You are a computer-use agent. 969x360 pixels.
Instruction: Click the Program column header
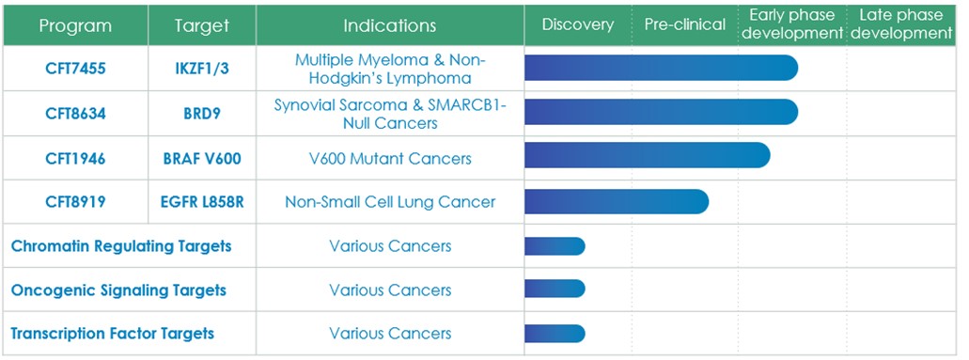coord(75,25)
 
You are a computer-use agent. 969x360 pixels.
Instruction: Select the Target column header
coord(201,25)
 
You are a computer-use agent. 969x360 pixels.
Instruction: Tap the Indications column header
coord(390,25)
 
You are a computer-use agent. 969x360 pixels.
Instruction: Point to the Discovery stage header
coord(578,24)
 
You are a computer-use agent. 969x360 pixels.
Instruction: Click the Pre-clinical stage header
coord(685,24)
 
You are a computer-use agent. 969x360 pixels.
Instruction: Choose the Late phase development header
coord(901,24)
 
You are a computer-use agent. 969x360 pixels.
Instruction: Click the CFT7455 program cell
coord(75,69)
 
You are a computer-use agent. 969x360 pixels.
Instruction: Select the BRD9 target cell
coord(202,114)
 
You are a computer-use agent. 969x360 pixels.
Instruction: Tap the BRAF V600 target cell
coord(202,159)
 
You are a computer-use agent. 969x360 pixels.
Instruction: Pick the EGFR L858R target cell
coord(202,202)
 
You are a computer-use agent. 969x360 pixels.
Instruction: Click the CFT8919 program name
coord(75,202)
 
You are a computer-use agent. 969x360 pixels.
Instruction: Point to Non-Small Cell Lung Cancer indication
coord(390,202)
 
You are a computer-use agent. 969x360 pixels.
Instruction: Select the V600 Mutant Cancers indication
coord(390,159)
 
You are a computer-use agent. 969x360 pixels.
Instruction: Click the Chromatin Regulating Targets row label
coord(121,246)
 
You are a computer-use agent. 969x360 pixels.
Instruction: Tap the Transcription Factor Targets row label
coord(113,334)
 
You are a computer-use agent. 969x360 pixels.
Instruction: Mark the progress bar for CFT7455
coord(662,68)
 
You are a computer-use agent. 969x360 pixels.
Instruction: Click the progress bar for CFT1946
coord(648,155)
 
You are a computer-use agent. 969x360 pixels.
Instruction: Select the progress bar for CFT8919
coord(617,202)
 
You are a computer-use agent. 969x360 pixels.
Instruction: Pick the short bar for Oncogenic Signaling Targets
coord(555,289)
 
